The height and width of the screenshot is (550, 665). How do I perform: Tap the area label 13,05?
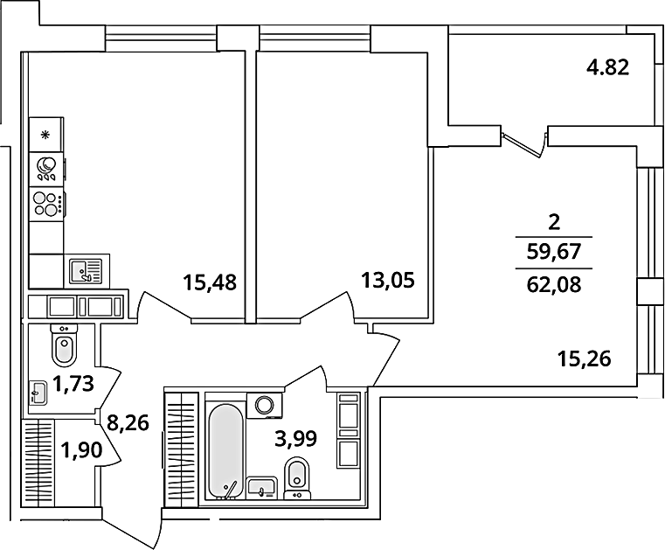tap(387, 281)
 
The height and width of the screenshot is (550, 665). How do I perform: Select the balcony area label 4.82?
tap(608, 67)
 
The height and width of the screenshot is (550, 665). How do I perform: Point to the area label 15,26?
tap(584, 357)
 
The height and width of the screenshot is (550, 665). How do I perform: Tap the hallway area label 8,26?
tap(128, 424)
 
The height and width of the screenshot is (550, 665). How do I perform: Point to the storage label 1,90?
tap(80, 453)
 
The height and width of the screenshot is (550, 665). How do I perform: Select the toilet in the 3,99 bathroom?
tap(298, 476)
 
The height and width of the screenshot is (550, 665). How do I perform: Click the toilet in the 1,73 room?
tap(64, 348)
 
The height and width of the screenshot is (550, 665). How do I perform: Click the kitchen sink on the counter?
tap(84, 271)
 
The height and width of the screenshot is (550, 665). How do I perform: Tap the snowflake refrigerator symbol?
tap(45, 135)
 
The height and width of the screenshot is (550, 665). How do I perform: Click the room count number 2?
tap(552, 222)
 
